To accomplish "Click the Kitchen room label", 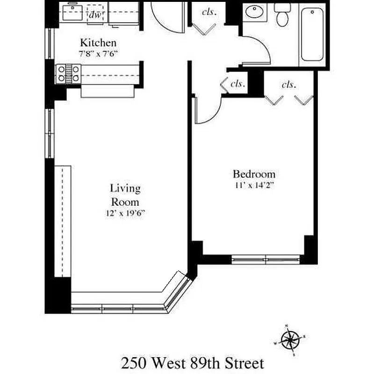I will pyautogui.click(x=98, y=43).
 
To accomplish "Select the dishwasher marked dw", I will pyautogui.click(x=95, y=14).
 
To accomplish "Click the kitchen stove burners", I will pyautogui.click(x=68, y=74).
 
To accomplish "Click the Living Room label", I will pyautogui.click(x=125, y=195).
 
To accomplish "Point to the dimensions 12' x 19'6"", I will pyautogui.click(x=125, y=213).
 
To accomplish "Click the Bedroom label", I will pyautogui.click(x=254, y=174).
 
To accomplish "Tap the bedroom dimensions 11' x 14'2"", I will pyautogui.click(x=254, y=185).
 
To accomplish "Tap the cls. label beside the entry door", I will pyautogui.click(x=209, y=12).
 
